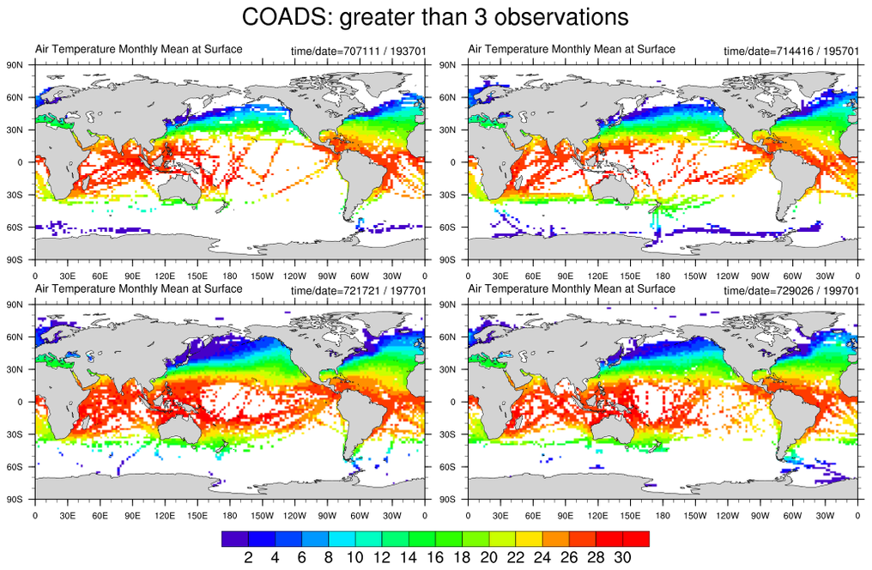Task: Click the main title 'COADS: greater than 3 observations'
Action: point(435,16)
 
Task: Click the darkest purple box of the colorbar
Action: point(235,539)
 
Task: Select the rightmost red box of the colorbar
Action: point(636,539)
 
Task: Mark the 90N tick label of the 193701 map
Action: point(15,64)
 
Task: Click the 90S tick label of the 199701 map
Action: point(447,499)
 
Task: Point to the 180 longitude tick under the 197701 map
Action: point(230,516)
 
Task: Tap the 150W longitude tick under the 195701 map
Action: point(695,276)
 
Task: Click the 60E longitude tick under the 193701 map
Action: point(100,276)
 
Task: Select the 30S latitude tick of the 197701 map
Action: point(15,434)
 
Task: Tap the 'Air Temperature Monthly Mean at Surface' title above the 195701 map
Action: point(572,49)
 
